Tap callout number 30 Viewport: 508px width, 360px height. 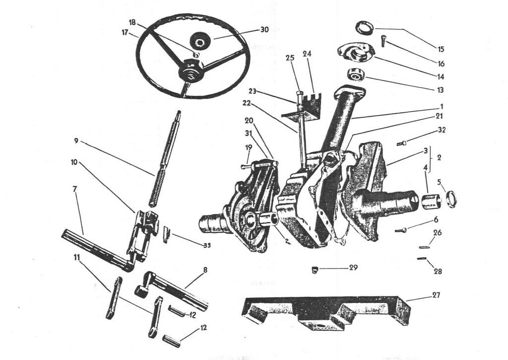point(264,29)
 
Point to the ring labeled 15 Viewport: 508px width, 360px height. point(365,28)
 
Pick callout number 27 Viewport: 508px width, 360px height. point(436,295)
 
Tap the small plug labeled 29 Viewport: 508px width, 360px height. point(314,269)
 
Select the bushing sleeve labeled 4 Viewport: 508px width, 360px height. point(432,201)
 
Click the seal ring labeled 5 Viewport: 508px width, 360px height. point(451,199)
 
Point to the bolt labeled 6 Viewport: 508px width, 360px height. point(400,230)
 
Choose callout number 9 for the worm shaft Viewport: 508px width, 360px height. point(76,141)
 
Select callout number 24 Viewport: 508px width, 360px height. point(307,54)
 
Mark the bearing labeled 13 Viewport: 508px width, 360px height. point(356,74)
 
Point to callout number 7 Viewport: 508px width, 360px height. point(75,189)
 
